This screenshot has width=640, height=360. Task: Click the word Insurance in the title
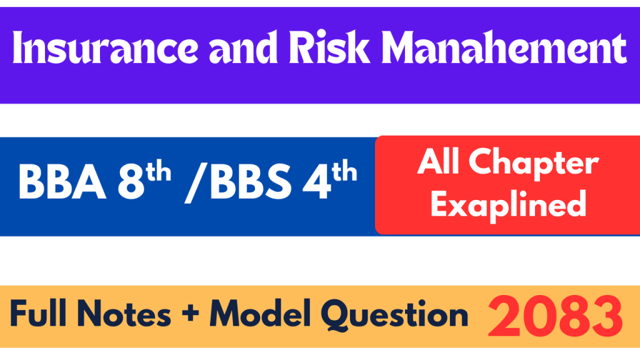click(105, 47)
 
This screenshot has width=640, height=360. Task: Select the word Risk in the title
click(329, 47)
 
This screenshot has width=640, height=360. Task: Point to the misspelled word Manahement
click(504, 47)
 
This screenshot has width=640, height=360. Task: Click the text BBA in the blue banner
click(62, 182)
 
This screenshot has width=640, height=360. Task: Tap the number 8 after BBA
click(131, 182)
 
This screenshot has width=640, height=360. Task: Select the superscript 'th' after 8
click(158, 171)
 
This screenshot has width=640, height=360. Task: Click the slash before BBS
click(195, 182)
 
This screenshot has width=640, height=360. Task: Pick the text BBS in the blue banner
click(250, 182)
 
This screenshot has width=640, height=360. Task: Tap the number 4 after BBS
click(316, 182)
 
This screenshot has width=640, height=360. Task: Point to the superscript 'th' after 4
click(344, 171)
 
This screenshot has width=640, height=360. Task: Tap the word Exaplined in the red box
click(509, 205)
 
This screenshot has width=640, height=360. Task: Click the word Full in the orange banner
click(38, 314)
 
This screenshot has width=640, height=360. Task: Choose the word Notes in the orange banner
click(124, 314)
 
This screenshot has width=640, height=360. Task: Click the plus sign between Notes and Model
click(190, 314)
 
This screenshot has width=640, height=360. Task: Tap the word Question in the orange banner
click(394, 315)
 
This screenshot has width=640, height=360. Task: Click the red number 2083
click(555, 316)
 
